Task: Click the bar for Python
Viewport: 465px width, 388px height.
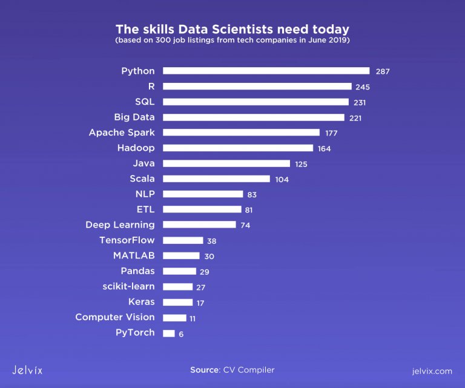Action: pos(266,71)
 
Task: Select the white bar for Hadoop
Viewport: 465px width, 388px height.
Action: pos(238,148)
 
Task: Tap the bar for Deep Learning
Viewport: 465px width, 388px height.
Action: pos(199,225)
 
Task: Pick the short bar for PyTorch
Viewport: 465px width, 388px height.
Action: pos(169,333)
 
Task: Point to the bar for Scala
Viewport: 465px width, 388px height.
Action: pos(216,179)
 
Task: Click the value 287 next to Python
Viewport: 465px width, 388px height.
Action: pos(382,71)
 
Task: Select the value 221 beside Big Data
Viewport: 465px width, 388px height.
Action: pos(355,118)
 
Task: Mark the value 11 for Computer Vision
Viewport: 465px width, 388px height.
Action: pos(193,318)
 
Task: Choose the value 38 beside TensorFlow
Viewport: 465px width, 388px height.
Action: pos(211,241)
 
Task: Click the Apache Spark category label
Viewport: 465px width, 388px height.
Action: pos(122,133)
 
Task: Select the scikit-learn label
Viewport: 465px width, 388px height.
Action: pos(128,286)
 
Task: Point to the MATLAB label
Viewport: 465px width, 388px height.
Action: pos(134,255)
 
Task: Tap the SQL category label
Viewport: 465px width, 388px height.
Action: pos(145,102)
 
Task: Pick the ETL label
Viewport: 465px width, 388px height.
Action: pos(145,209)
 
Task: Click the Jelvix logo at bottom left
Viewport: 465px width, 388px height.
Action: pos(27,370)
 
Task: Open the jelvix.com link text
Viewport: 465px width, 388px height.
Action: pos(431,370)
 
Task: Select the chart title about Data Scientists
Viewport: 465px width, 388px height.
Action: pos(232,29)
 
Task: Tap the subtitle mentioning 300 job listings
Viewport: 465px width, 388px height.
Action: pos(232,41)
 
